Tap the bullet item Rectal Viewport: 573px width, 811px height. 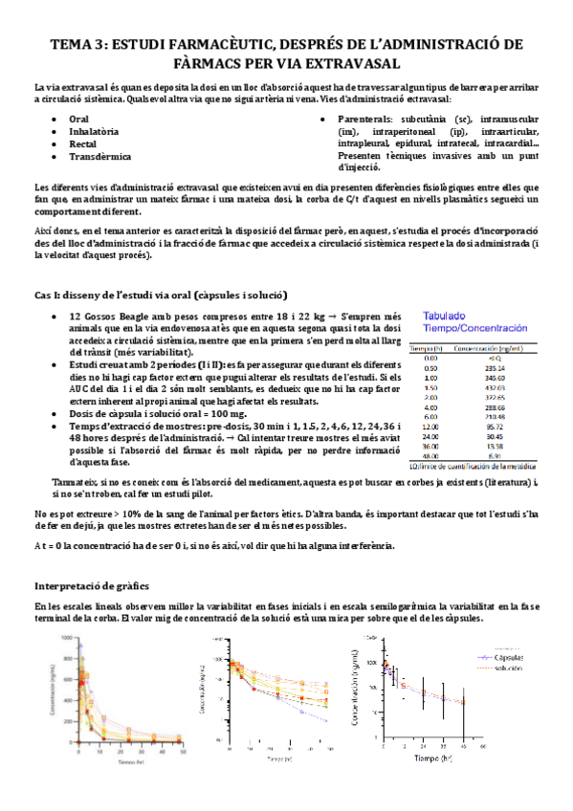[84, 142]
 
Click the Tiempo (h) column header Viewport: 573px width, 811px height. [429, 350]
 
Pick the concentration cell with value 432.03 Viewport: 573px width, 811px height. [495, 388]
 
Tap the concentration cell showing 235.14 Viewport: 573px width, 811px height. [495, 367]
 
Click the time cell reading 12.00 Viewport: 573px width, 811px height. [430, 426]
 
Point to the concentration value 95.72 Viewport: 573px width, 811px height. [495, 426]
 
